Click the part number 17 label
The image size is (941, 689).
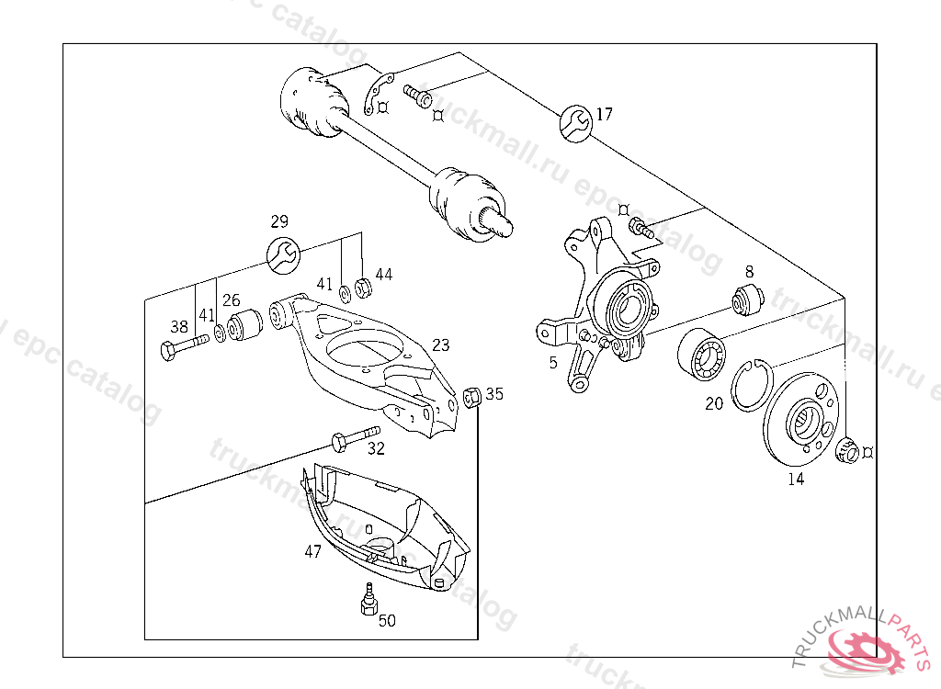coord(604,115)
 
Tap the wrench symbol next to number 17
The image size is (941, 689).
coord(575,122)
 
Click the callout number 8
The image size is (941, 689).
coord(749,271)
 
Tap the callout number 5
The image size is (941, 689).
coord(553,363)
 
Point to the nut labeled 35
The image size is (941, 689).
coord(473,398)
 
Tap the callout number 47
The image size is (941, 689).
coord(313,552)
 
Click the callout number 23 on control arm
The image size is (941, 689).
coord(441,345)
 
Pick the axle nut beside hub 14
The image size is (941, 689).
coord(850,450)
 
